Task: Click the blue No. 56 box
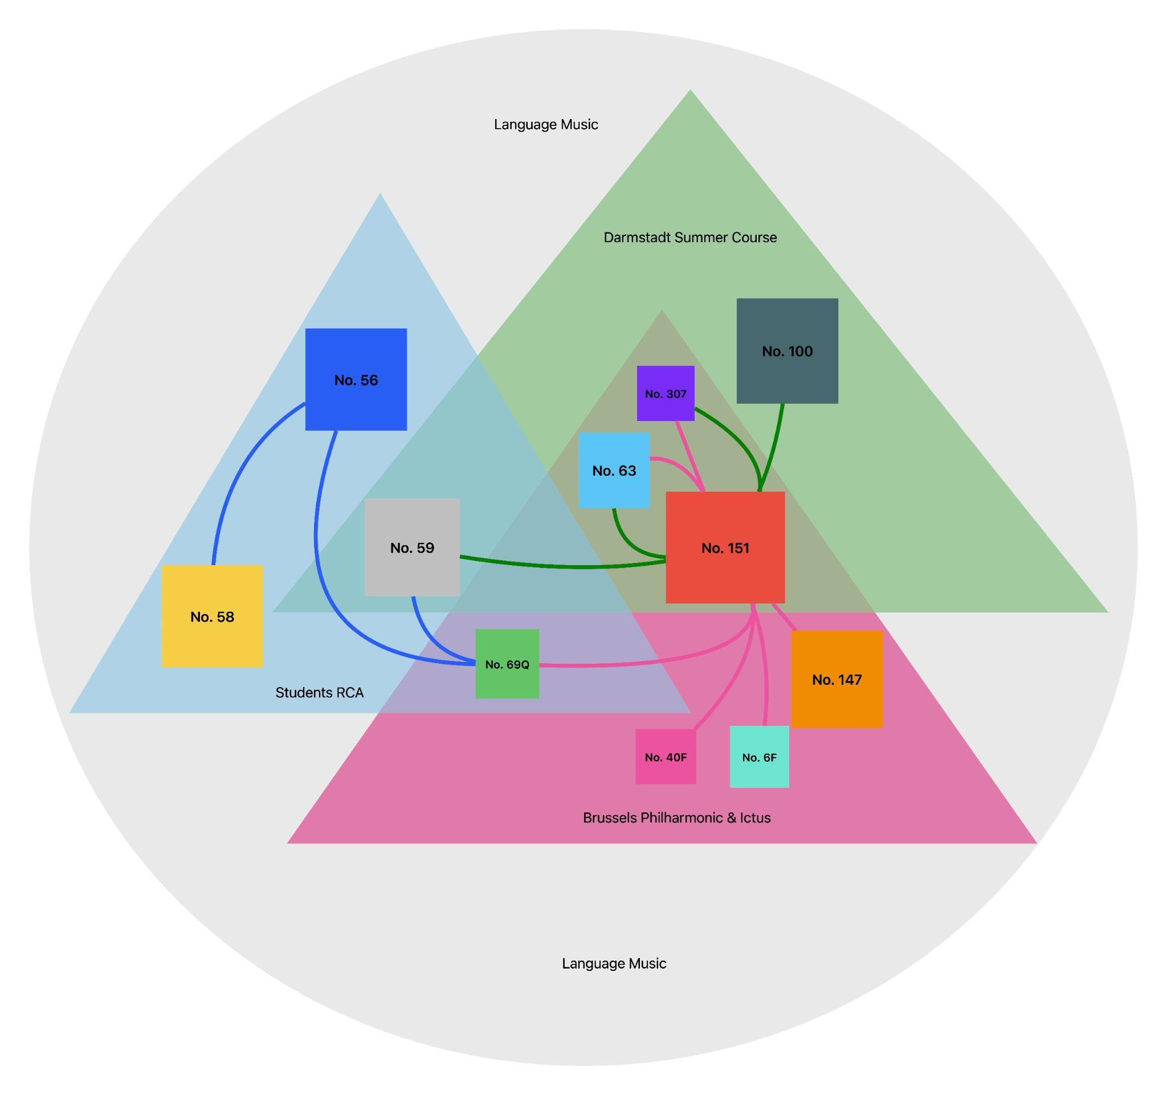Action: pos(356,379)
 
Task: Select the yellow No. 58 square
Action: pos(212,616)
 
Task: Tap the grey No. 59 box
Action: pos(412,547)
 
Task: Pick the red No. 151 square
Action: pos(725,547)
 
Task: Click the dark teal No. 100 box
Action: pos(787,351)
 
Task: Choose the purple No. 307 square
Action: pos(666,393)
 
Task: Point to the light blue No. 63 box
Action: pos(614,471)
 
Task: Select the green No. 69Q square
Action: pos(507,664)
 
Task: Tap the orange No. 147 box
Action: pos(837,680)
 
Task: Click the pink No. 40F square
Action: pos(666,757)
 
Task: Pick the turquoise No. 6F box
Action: pos(759,757)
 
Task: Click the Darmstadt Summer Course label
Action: pos(689,237)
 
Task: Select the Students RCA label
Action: pos(319,692)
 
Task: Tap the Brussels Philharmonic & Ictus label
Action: pos(676,818)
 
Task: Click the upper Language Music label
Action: pos(545,124)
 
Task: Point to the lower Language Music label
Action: pos(614,963)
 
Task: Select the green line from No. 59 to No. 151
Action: pos(564,567)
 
